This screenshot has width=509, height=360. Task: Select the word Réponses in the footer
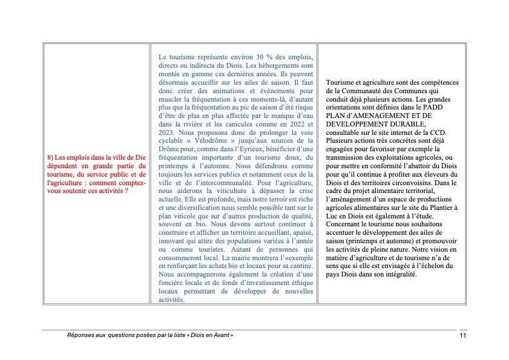coord(80,335)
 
